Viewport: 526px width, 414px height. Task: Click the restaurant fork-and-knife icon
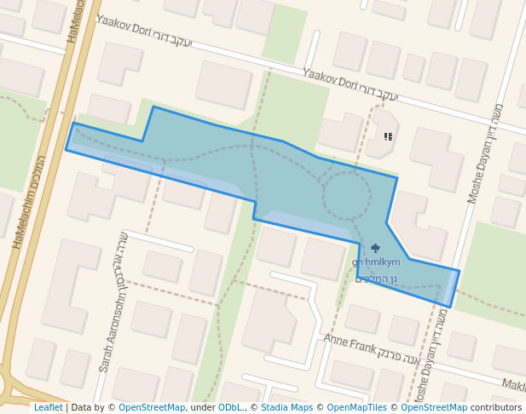coord(389,136)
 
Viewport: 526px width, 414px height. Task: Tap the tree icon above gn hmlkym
coord(376,248)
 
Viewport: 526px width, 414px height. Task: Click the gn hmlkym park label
coord(375,262)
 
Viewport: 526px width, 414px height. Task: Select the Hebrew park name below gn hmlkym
coord(376,278)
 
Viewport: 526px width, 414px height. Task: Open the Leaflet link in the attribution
coord(49,407)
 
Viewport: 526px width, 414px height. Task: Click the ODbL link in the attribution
coord(230,407)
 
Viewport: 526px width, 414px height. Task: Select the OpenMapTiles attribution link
coord(356,407)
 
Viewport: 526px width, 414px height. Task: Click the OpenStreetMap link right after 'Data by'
coord(152,407)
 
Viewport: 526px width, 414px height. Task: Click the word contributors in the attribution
coord(496,407)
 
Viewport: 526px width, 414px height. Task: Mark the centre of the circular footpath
coord(346,197)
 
